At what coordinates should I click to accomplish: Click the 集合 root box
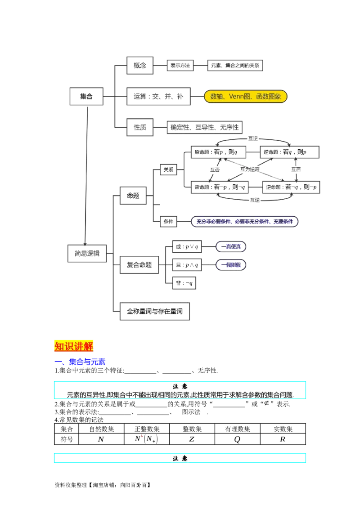(x=86, y=96)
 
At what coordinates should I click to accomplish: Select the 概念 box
(x=139, y=65)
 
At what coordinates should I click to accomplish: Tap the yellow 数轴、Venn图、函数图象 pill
(x=246, y=96)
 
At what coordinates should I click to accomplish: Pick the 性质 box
(x=139, y=127)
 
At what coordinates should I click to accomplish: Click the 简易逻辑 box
(x=87, y=254)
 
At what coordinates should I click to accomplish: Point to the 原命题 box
(x=218, y=152)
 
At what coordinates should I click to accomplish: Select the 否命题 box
(x=220, y=187)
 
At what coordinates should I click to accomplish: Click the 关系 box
(x=168, y=170)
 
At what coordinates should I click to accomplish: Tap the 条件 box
(x=168, y=221)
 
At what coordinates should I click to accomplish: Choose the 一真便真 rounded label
(x=231, y=247)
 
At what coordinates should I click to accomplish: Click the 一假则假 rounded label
(x=231, y=265)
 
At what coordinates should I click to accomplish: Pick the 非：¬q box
(x=184, y=283)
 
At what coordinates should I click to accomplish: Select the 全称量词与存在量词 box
(x=155, y=312)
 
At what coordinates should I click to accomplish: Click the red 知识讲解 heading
(x=74, y=346)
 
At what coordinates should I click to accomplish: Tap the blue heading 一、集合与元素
(x=80, y=362)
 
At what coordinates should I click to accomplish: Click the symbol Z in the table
(x=192, y=439)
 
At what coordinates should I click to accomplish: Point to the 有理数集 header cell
(x=238, y=429)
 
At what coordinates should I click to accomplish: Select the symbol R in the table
(x=283, y=439)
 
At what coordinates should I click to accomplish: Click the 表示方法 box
(x=180, y=66)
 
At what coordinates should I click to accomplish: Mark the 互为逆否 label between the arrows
(x=250, y=169)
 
